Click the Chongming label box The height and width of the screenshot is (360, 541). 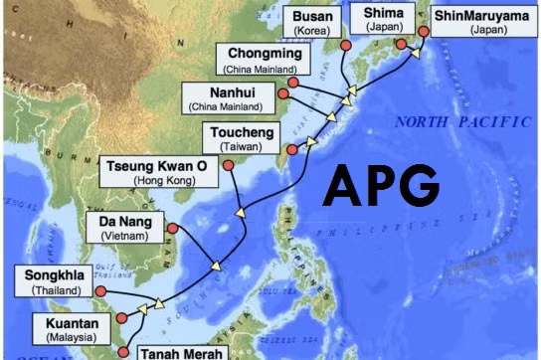268,60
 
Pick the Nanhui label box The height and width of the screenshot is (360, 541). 223,97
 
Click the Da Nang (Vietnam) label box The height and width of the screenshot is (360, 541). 125,227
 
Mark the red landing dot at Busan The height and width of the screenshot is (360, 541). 345,46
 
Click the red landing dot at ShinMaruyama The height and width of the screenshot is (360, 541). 423,31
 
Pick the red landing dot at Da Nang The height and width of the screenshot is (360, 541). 172,228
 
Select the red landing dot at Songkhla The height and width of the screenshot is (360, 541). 97,291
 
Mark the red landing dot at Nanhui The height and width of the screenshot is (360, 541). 281,97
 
